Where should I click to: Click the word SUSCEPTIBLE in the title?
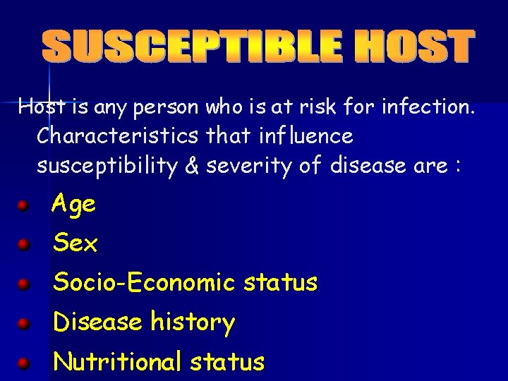189,47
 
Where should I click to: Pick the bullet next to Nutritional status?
23,364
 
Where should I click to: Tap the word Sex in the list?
75,244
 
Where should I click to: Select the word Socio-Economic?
144,283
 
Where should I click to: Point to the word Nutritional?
118,362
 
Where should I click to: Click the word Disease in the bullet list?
98,322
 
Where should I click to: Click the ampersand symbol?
189,166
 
